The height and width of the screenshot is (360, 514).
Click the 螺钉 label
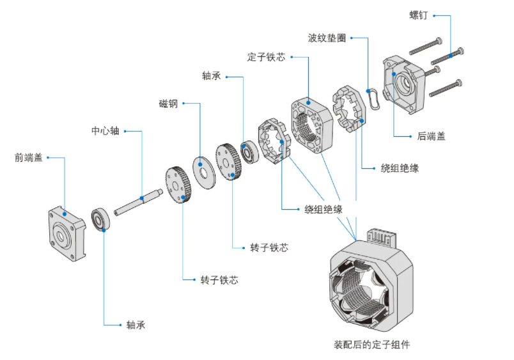pos(418,15)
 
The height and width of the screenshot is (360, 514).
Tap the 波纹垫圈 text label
pos(327,38)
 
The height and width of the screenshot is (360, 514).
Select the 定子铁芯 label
pos(266,57)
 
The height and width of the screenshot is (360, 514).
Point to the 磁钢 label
pos(168,104)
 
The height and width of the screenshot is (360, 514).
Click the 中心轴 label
pos(105,131)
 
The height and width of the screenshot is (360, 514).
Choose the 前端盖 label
pos(29,157)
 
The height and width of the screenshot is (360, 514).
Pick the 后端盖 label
pos(431,136)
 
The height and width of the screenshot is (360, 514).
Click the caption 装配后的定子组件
pos(371,345)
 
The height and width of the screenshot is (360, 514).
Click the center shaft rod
pos(138,202)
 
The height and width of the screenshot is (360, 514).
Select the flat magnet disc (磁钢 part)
pos(204,173)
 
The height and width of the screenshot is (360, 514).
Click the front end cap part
pos(67,233)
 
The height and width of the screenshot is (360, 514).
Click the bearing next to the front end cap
pos(100,219)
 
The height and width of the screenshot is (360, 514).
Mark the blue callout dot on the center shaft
pos(142,198)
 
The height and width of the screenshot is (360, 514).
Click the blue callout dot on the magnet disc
pos(200,164)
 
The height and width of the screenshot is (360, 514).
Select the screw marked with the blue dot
pos(447,56)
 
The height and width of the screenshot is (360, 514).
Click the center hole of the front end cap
pos(60,236)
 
